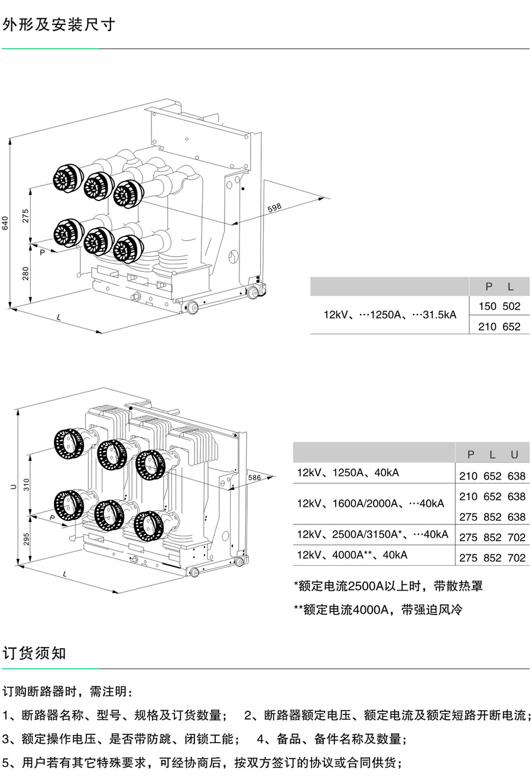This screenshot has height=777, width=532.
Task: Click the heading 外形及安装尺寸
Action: click(x=59, y=25)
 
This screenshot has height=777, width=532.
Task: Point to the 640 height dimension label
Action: click(x=5, y=223)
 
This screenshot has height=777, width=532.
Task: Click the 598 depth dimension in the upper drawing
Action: click(x=274, y=208)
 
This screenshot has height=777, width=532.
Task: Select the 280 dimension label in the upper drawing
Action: click(x=25, y=274)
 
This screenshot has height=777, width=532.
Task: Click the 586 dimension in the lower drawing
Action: click(x=254, y=477)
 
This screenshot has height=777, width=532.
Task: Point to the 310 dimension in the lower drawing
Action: click(x=25, y=484)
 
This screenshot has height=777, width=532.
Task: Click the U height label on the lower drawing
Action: click(x=11, y=487)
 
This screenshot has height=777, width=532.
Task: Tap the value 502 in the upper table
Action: click(x=511, y=306)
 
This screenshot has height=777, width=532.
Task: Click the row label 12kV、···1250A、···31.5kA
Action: click(x=390, y=315)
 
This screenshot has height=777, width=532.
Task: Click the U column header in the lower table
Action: click(x=514, y=454)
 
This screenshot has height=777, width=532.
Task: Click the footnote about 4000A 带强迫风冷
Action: click(x=378, y=610)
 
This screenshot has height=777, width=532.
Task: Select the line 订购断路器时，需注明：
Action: click(x=68, y=692)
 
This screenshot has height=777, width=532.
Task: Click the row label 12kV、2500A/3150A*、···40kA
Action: click(x=372, y=535)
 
